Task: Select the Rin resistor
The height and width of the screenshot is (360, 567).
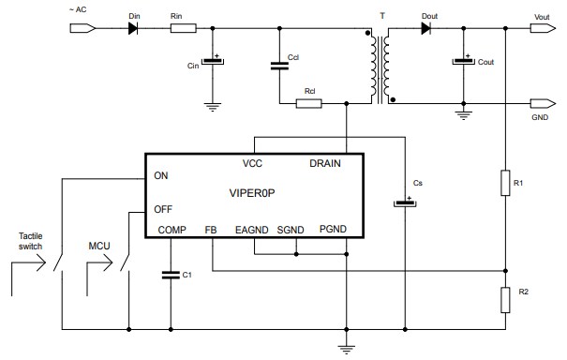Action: click(183, 29)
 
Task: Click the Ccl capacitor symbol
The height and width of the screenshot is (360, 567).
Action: click(278, 66)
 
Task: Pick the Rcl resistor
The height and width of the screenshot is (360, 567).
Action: click(309, 103)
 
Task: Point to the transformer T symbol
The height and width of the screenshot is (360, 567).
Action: click(380, 65)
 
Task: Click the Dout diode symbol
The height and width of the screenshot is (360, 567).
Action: click(426, 29)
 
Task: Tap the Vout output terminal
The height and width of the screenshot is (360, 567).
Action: click(541, 29)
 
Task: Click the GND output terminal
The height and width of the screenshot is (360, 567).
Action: click(541, 103)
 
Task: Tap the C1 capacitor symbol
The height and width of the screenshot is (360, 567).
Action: click(170, 275)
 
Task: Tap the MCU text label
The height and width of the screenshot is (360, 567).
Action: click(100, 245)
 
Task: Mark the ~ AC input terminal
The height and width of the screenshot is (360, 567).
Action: click(83, 29)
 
